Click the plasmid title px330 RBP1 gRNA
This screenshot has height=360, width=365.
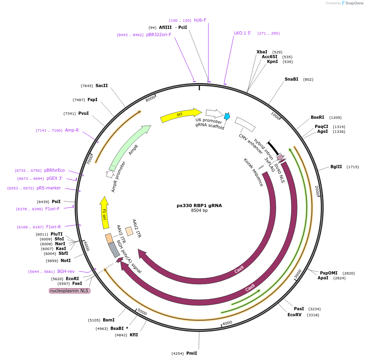199,205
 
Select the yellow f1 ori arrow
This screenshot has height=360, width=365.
104,212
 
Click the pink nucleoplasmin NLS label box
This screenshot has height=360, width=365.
69,291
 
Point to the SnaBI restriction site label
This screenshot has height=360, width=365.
291,79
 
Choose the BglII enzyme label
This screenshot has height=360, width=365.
336,167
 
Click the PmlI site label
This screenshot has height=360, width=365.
192,353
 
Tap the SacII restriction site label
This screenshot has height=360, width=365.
102,85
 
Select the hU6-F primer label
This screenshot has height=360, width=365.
200,20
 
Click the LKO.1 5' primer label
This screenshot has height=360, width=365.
243,33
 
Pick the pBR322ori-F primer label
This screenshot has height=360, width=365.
159,35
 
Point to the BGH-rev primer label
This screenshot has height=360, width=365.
66,271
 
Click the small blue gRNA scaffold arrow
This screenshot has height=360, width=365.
227,116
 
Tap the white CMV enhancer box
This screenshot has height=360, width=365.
245,124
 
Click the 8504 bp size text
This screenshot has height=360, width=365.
199,211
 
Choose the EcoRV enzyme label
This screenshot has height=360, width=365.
294,315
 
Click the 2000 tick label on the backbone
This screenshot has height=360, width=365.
317,191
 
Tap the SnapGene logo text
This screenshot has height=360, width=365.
355,3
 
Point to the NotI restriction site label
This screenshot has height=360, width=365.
65,260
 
